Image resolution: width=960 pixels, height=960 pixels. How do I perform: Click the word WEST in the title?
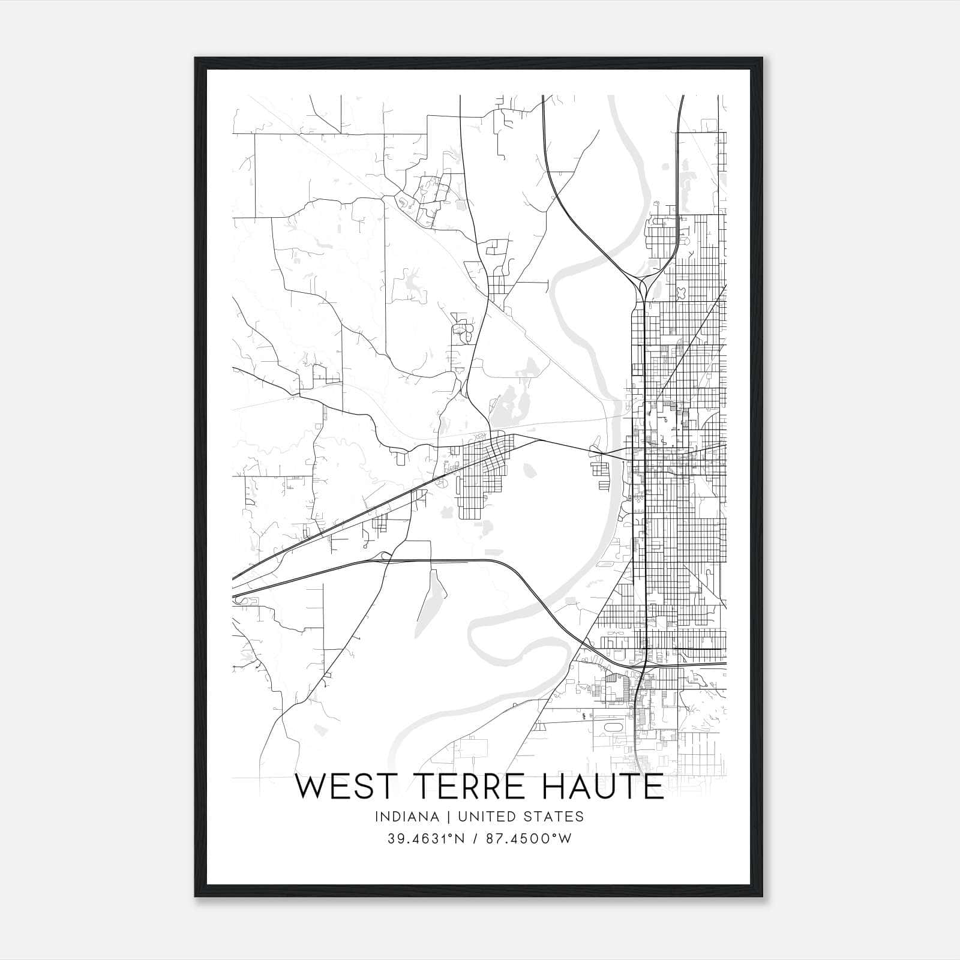pyautogui.click(x=341, y=787)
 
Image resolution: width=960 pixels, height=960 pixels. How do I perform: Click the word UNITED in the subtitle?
pyautogui.click(x=479, y=817)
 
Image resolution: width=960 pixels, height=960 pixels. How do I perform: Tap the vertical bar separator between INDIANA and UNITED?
pyautogui.click(x=440, y=817)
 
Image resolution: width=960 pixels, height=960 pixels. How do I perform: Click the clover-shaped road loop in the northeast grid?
pyautogui.click(x=682, y=292)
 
